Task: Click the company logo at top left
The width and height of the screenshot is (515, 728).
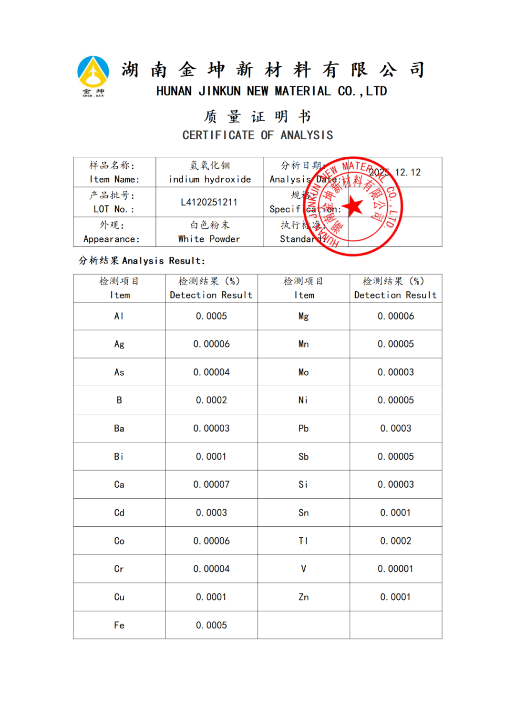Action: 93,75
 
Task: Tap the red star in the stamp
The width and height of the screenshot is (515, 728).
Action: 353,206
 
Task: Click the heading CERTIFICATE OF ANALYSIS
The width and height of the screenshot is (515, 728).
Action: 257,135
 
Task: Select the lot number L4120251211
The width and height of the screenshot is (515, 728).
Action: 209,202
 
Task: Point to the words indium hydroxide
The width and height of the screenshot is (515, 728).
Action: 210,179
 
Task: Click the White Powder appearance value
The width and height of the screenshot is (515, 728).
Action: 209,239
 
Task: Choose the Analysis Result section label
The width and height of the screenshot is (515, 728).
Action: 142,261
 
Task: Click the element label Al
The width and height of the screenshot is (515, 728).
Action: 119,316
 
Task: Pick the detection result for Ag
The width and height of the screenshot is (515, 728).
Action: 211,344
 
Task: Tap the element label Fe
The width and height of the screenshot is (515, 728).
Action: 119,625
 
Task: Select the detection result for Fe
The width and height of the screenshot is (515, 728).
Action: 211,625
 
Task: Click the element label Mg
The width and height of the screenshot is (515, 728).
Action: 303,316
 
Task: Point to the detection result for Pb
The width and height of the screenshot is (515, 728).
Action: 395,428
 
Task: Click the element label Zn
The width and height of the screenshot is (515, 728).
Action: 303,597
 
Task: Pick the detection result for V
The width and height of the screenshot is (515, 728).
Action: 395,569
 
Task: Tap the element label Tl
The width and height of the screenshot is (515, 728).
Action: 303,541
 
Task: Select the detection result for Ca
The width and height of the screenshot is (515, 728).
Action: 211,484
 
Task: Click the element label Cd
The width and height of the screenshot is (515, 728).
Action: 119,513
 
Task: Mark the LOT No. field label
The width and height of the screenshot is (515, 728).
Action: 114,209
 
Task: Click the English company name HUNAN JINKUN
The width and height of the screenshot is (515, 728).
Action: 271,91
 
